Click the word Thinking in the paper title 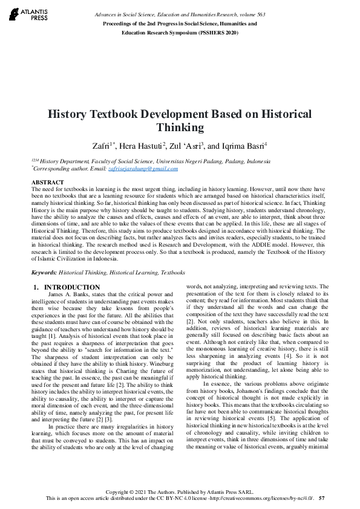[x=180, y=128]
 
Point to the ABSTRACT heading [x=47, y=182]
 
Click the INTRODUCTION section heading [x=72, y=287]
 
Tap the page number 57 [x=322, y=499]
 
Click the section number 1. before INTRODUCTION [x=36, y=287]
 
